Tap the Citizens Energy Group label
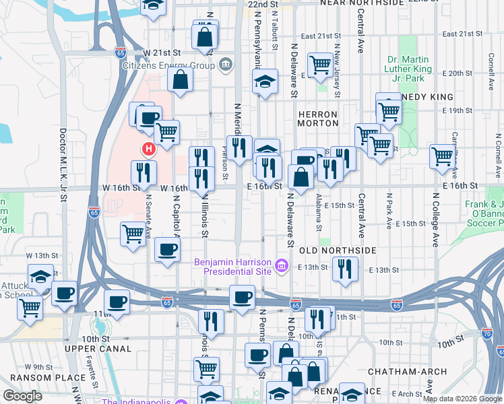tap(168, 65)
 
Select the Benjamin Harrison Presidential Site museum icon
tap(282, 266)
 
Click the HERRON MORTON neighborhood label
tap(318, 119)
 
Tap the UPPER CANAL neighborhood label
tap(98, 349)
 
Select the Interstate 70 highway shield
tap(486, 332)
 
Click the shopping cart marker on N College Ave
tap(443, 156)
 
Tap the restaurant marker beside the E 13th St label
tap(344, 269)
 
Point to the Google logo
tap(23, 396)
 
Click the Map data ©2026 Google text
tap(462, 399)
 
